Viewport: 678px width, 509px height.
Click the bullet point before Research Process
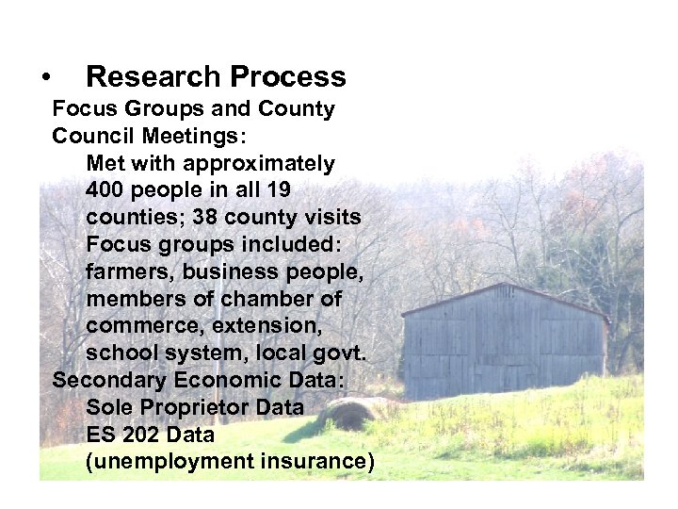point(44,78)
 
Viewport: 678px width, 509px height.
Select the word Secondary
point(109,381)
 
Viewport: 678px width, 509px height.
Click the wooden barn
point(504,339)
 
